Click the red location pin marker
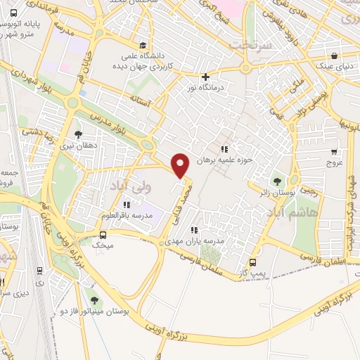(x=181, y=166)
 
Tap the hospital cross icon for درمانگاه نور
(x=205, y=77)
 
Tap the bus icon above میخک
(x=103, y=236)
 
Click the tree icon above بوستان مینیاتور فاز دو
(x=94, y=301)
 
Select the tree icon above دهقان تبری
(x=79, y=134)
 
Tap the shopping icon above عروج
(x=334, y=151)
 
